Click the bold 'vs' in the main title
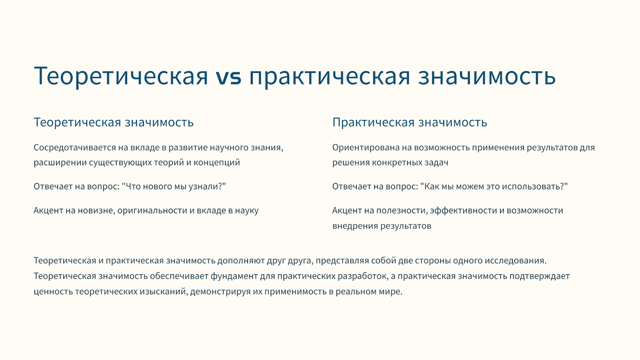(228, 76)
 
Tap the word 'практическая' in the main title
(330, 76)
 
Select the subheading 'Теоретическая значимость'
(114, 122)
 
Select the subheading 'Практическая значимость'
(410, 122)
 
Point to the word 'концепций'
(217, 162)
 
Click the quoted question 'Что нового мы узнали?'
(174, 186)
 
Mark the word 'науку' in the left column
(247, 210)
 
